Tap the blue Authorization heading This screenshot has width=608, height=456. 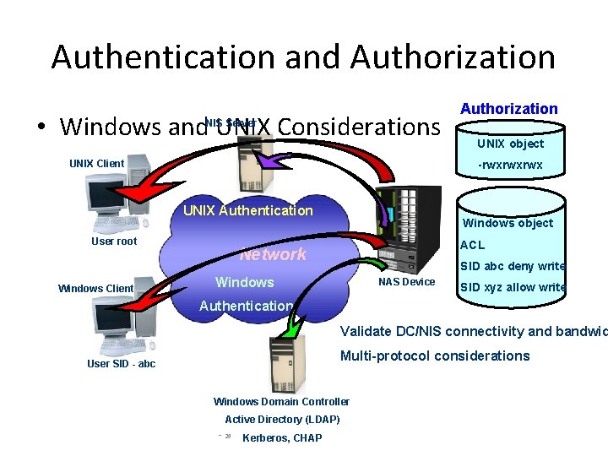(508, 109)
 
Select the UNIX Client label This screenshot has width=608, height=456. (96, 163)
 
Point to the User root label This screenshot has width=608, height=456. (114, 242)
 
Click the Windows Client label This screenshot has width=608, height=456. (95, 289)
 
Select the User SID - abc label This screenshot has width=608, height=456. (122, 364)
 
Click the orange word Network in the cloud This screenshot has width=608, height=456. (273, 254)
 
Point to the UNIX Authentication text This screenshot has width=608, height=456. (247, 211)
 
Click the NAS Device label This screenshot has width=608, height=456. (406, 282)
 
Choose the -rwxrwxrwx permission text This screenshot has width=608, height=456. (510, 166)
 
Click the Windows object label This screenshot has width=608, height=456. (508, 223)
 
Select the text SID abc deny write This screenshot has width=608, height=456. (512, 266)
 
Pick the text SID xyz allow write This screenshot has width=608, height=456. (512, 287)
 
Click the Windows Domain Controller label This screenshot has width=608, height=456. (281, 402)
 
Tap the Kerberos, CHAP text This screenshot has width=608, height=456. (281, 438)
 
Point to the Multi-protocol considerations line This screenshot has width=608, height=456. (435, 356)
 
